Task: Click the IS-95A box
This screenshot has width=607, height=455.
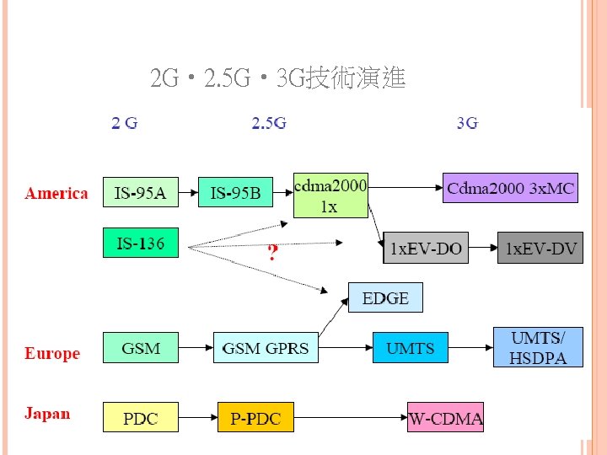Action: pos(141,193)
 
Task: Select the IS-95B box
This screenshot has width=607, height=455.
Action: pos(236,193)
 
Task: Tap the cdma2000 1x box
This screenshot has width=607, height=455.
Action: pos(330,195)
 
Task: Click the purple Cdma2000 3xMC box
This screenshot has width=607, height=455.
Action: pos(511,188)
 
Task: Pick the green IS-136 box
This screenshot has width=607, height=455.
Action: pos(141,244)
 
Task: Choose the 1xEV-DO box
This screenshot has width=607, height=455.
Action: pos(426,249)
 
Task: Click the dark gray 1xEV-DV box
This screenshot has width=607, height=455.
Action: pos(540,249)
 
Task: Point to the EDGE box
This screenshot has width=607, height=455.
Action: pos(385,297)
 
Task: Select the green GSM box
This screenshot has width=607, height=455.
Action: pos(141,347)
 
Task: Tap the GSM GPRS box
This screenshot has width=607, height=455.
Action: pos(266,347)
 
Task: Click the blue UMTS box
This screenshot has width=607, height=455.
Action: pos(410,347)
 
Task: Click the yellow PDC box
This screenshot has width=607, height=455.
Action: pos(141,417)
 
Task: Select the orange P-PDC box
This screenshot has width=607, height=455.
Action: pos(255,417)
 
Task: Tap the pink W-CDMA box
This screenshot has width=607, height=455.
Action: pos(445,417)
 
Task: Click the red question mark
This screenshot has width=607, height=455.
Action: pos(271,253)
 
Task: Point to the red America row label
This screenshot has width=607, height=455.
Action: pos(56,194)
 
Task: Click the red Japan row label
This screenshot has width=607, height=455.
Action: pos(47,414)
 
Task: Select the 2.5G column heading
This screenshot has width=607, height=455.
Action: pos(269,124)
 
